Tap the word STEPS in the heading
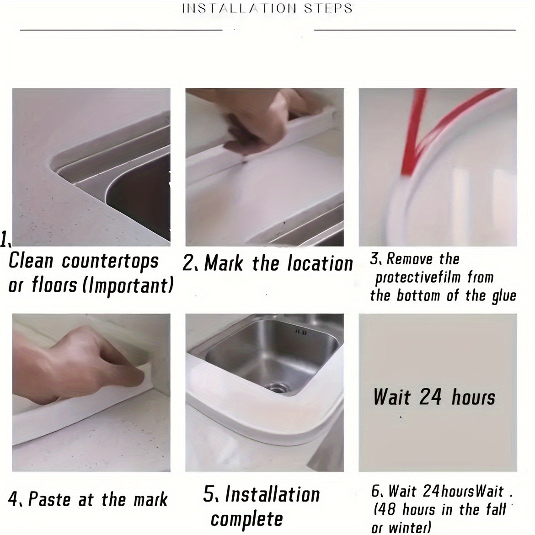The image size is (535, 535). coord(328,8)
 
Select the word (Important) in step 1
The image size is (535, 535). coord(128,285)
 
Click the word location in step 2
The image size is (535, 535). coord(320,263)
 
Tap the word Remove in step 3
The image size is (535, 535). coord(409,259)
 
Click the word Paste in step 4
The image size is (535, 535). coord(49,499)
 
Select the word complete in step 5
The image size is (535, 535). coord(246,519)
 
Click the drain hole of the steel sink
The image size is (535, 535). coord(276,388)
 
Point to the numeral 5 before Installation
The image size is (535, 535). coord(209,493)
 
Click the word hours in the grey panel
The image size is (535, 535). coord(474,397)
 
